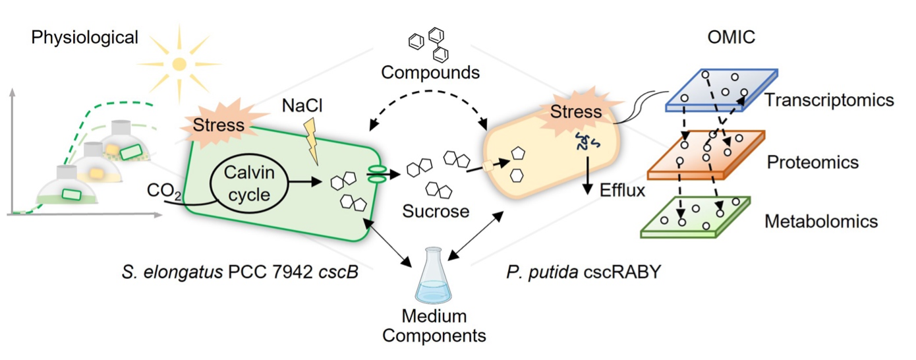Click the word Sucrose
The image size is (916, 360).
[436, 212]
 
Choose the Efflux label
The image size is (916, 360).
[622, 191]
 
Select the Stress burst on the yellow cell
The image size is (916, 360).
[575, 110]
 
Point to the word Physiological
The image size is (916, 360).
[84, 38]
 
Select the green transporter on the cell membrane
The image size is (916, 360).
[378, 174]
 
